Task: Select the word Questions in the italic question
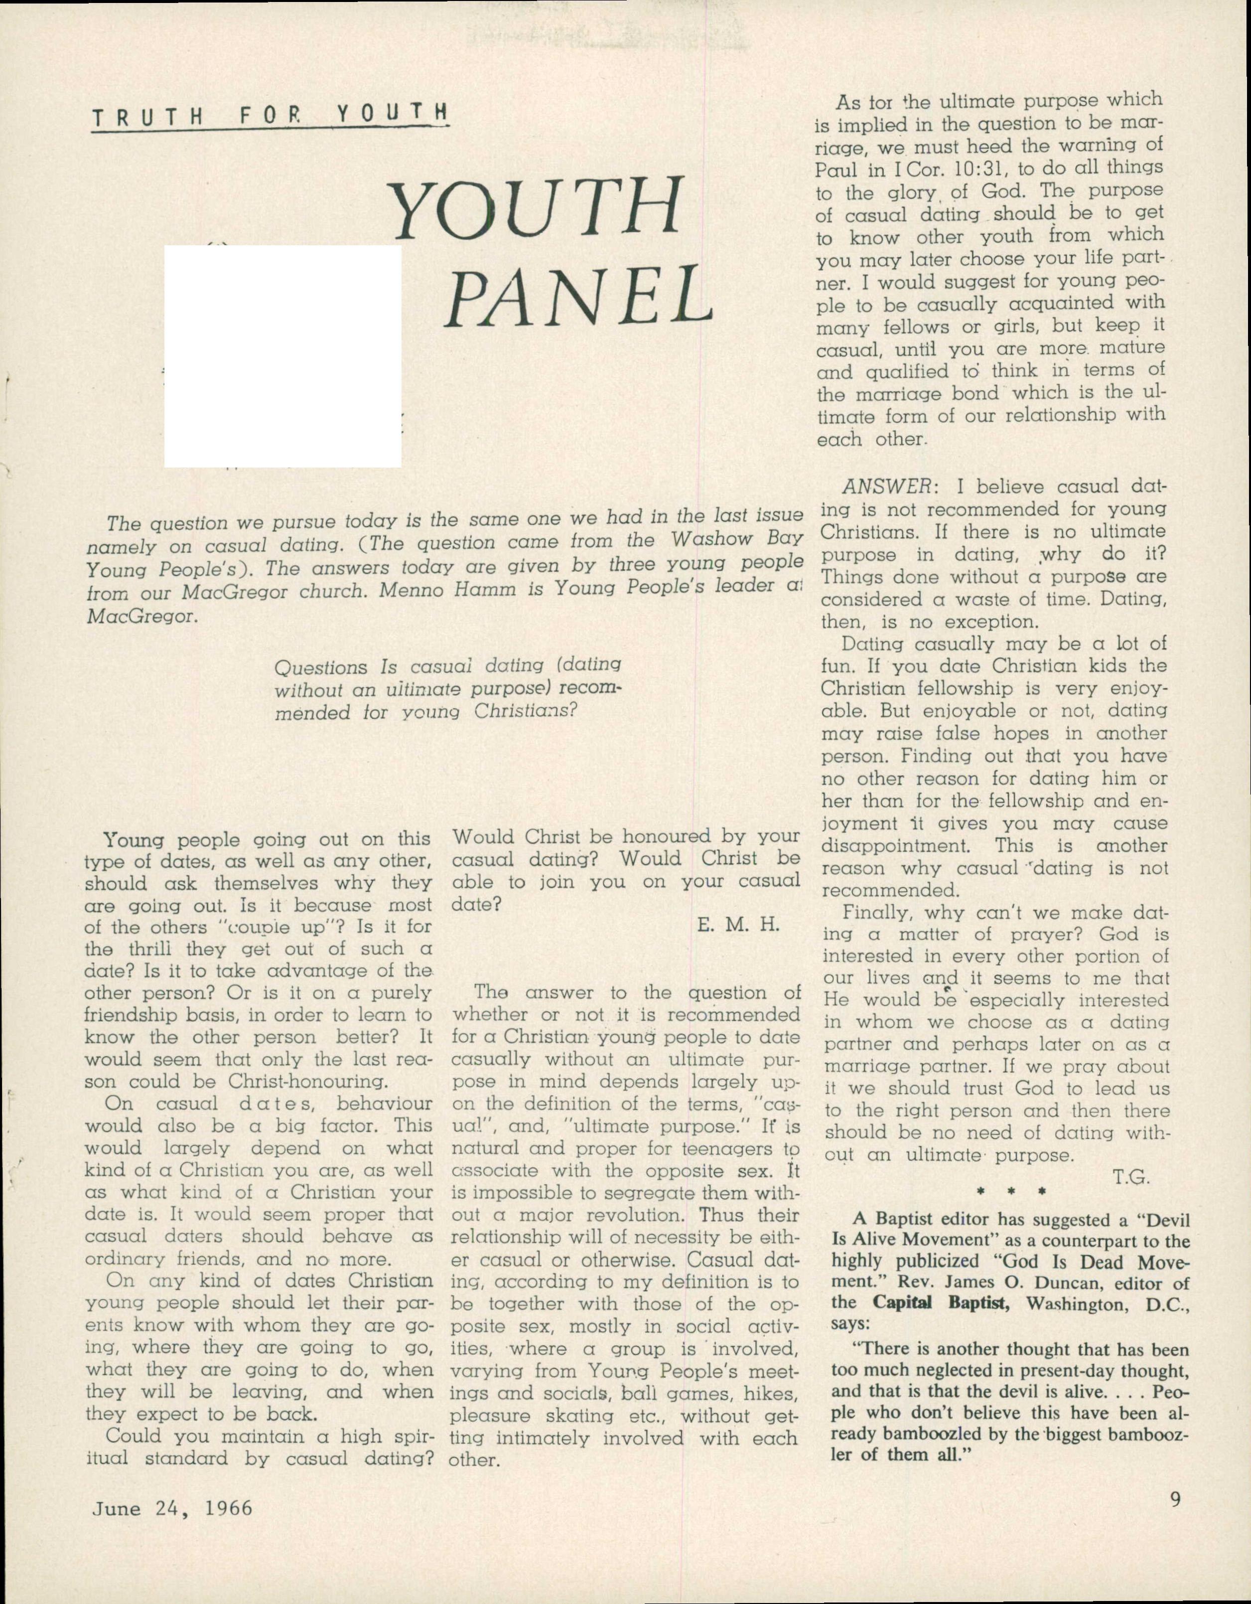[x=320, y=668]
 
